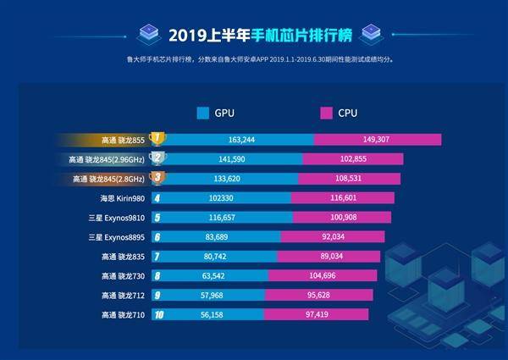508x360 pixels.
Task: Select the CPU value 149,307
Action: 378,139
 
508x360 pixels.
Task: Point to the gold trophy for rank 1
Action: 157,138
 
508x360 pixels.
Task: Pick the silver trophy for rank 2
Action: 157,158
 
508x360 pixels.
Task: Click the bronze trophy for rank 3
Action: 157,178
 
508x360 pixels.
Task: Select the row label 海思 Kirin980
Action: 123,198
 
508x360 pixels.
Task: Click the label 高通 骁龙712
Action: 123,295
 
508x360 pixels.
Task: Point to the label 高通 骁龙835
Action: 123,256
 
